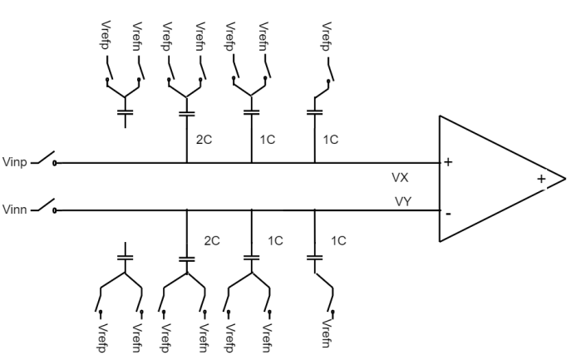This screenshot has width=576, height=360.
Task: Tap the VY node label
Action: (403, 201)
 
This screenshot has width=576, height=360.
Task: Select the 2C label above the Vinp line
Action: (204, 140)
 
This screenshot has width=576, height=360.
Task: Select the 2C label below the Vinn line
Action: (212, 240)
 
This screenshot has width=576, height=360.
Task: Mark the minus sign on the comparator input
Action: (449, 214)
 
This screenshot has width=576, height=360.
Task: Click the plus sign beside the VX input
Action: (449, 162)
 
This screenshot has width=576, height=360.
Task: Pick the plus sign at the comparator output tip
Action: (541, 178)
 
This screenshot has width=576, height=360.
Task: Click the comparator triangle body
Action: (490, 180)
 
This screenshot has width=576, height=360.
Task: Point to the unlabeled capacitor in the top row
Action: (126, 111)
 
